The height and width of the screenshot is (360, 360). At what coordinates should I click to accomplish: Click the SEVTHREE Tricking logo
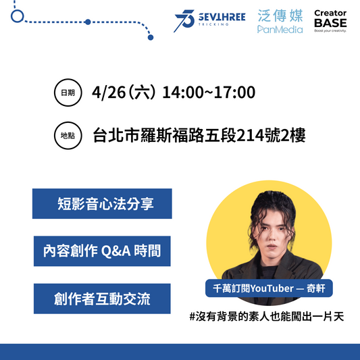coord(209,21)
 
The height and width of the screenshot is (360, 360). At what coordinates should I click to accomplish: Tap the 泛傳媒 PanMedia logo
coord(280,22)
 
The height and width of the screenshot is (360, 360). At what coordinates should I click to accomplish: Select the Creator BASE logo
coord(330,21)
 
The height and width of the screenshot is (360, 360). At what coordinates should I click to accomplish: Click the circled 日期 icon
coord(68,93)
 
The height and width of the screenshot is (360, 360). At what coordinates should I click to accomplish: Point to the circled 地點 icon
coord(68,136)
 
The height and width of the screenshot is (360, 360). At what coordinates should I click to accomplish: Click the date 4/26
coord(109,93)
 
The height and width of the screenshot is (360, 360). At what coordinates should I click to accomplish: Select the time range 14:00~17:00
coord(209,93)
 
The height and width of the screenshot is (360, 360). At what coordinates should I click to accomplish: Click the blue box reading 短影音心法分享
coord(102,204)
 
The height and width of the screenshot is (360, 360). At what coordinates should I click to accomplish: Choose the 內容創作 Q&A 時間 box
coord(102,251)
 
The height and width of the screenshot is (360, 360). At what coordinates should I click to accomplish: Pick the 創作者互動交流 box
coord(102,299)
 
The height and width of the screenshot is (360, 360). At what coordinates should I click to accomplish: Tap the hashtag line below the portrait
coord(267,317)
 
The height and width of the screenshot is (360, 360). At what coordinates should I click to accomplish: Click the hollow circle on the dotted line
coord(17,16)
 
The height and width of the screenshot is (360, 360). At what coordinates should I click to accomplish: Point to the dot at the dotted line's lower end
coord(151,37)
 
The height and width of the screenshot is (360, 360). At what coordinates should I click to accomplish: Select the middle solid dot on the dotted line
coord(88,22)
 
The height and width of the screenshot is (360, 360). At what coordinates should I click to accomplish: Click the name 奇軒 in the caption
coord(316,288)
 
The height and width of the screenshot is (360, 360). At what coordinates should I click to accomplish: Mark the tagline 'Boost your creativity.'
coord(330,30)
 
